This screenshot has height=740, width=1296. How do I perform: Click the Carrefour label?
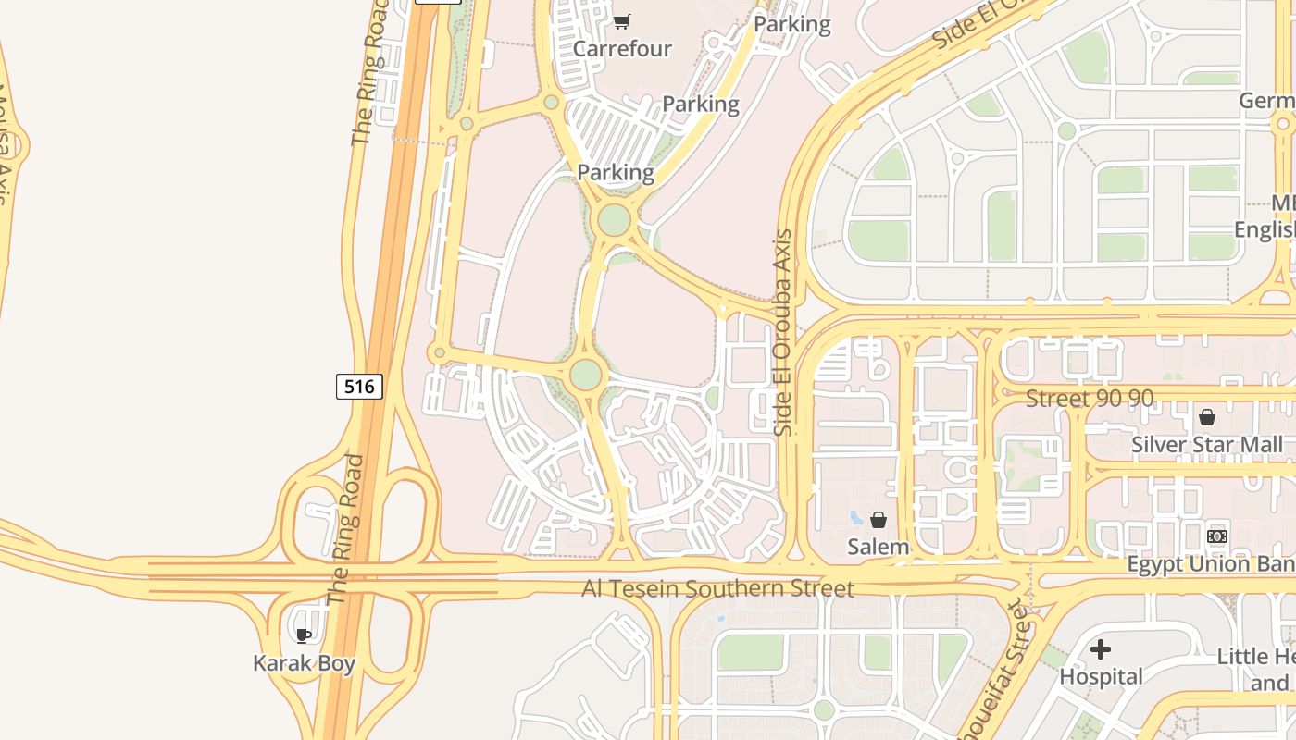tap(622, 48)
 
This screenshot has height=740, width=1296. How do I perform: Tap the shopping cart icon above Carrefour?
tap(622, 21)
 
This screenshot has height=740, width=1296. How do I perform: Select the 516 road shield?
tap(359, 386)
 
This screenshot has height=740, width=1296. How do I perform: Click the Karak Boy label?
tap(304, 663)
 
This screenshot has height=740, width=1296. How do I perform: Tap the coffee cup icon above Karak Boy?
tap(303, 635)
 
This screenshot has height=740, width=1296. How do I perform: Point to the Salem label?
tap(879, 547)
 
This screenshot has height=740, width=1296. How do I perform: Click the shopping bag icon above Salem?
tap(879, 520)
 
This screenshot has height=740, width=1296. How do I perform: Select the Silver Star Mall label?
tap(1207, 445)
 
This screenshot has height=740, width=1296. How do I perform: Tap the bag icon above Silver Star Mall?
tap(1207, 417)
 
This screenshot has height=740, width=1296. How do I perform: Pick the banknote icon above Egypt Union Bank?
tap(1217, 536)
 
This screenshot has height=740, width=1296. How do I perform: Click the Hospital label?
tap(1101, 676)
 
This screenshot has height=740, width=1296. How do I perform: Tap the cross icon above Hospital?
tap(1101, 649)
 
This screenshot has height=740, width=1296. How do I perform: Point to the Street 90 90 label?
tap(1090, 399)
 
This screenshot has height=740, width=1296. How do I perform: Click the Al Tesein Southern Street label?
tap(717, 588)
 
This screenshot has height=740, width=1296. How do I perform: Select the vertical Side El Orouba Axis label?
tap(784, 333)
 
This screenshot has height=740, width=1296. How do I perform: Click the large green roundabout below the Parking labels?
tap(614, 220)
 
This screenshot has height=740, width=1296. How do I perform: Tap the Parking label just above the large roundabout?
tap(616, 172)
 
